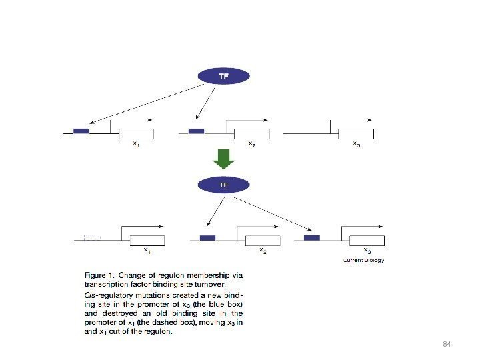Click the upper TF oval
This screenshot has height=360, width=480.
(224, 76)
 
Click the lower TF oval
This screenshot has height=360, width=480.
(224, 185)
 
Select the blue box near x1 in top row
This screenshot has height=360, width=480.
(81, 131)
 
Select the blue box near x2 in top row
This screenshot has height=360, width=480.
(196, 131)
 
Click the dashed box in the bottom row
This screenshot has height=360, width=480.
(93, 237)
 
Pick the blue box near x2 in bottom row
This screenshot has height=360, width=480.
(208, 237)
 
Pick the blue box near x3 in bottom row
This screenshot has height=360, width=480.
(311, 237)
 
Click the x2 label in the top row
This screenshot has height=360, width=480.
(251, 143)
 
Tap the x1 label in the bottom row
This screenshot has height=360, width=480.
(147, 251)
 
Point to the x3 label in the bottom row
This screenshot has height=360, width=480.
(367, 251)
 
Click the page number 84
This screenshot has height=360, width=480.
(447, 343)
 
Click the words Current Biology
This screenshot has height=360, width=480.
(363, 260)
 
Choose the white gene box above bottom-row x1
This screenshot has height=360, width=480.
(147, 241)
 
